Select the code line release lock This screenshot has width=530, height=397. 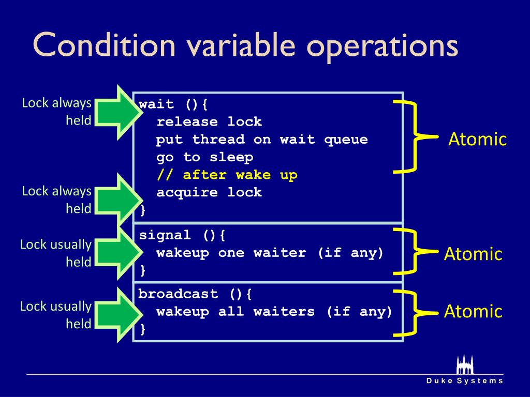[209, 122]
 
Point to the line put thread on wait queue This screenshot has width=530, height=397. [262, 140]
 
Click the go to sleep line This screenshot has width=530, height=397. [205, 157]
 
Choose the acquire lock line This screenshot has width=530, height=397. [209, 193]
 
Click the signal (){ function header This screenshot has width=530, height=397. [182, 235]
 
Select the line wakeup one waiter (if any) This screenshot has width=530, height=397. [270, 253]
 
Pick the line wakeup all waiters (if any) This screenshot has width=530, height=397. [274, 312]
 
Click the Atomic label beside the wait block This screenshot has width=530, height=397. [477, 140]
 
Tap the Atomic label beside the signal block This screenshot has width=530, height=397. [473, 254]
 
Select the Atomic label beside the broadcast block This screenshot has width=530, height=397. [473, 311]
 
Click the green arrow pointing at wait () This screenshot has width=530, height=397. [117, 112]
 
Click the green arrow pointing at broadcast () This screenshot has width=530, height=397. [117, 315]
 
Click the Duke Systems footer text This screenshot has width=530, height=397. [464, 381]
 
